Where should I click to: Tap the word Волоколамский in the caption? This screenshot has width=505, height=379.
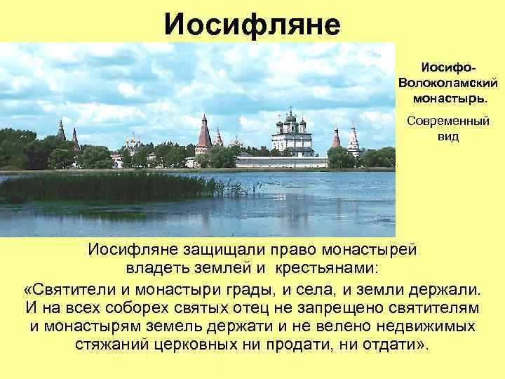tap(448, 82)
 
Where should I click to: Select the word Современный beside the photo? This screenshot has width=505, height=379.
tap(448, 121)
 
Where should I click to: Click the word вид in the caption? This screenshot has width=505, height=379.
tap(448, 135)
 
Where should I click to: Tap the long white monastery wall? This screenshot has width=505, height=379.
tap(281, 162)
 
